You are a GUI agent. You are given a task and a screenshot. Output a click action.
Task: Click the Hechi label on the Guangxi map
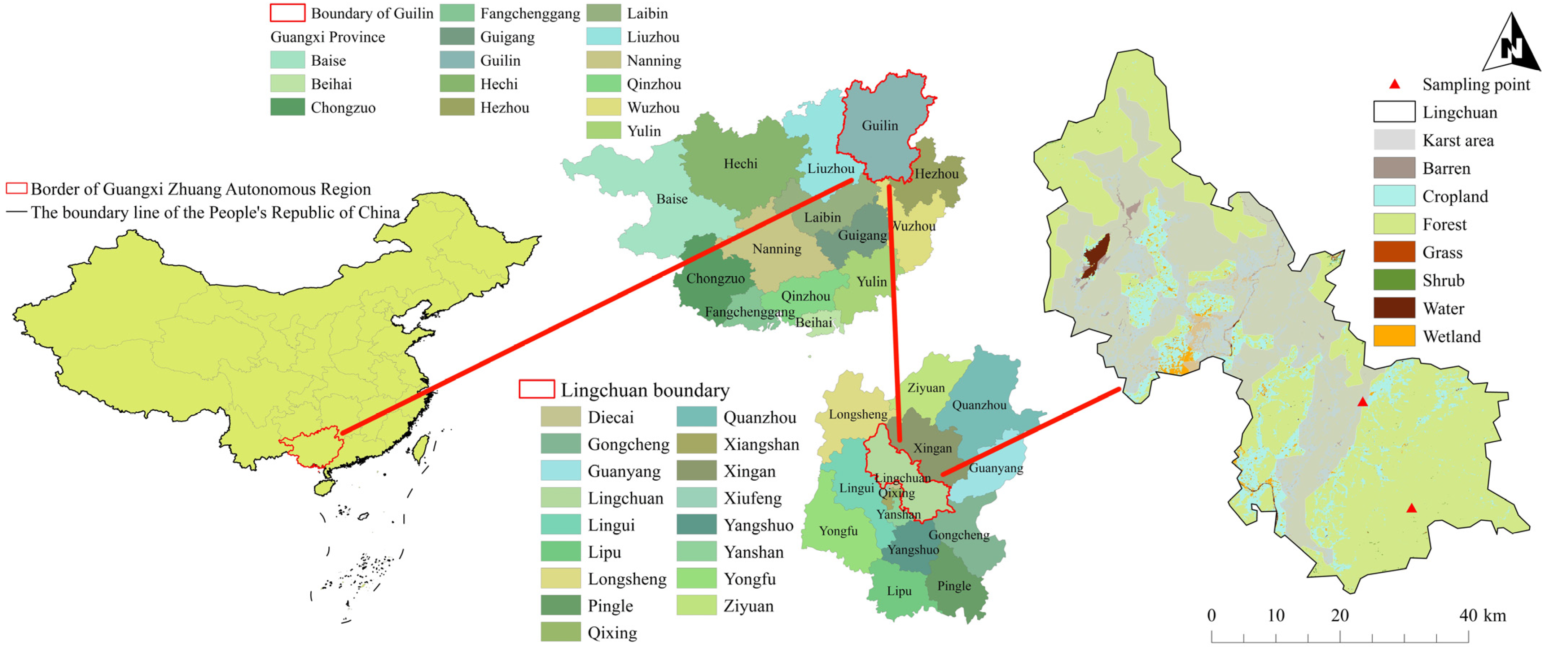click(740, 163)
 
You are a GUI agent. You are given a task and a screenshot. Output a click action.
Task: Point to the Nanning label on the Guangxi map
click(776, 249)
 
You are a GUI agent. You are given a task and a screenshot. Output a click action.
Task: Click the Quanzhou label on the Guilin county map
click(979, 405)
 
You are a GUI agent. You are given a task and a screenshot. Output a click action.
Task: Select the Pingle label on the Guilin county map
click(954, 586)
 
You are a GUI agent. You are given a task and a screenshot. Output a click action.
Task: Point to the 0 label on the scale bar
click(1211, 615)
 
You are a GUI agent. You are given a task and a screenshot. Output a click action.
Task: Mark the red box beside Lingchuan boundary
click(536, 389)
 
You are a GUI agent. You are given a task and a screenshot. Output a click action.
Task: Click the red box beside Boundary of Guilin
click(287, 13)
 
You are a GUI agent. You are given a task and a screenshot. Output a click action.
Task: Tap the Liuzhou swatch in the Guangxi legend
click(603, 37)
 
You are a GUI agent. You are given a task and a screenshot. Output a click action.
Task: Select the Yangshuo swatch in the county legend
click(696, 525)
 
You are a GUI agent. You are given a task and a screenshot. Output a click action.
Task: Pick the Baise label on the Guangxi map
click(671, 199)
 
